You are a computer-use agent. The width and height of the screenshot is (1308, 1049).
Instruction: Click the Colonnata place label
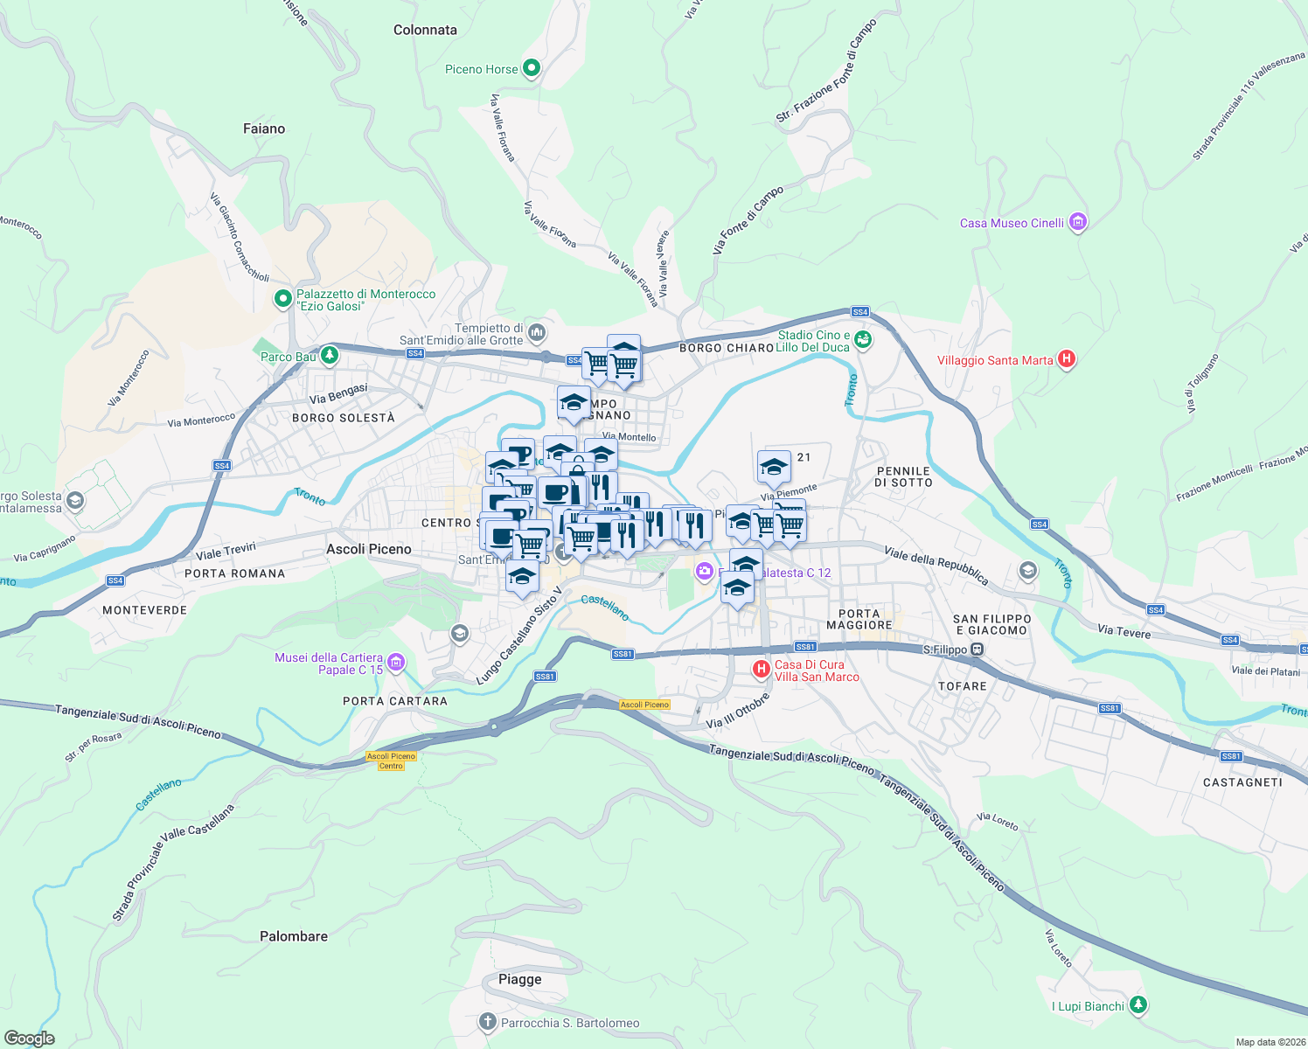(x=425, y=30)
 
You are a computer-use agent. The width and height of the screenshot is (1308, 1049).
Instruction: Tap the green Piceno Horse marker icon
(x=531, y=69)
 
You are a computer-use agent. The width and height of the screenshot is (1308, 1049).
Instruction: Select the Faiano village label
(x=264, y=129)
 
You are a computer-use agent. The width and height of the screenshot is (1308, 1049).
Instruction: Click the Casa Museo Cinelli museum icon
(x=1077, y=223)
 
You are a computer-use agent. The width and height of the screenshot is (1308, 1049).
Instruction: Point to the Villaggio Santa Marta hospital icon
(x=1066, y=359)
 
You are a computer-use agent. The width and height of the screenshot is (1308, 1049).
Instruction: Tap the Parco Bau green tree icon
(x=330, y=356)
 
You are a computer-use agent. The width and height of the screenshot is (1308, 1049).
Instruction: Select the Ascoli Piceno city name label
(x=368, y=549)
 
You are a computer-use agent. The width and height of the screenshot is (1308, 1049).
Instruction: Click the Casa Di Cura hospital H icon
(x=762, y=670)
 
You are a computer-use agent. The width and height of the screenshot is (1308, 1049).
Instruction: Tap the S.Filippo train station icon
(x=978, y=650)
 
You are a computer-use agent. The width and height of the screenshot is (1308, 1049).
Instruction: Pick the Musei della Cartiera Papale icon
(x=396, y=663)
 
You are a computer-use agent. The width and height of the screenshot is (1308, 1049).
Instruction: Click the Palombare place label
(x=294, y=936)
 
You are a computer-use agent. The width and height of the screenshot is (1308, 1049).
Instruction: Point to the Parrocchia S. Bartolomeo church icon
(x=488, y=1022)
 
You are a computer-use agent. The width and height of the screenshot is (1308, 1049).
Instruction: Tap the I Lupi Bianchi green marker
(x=1138, y=1005)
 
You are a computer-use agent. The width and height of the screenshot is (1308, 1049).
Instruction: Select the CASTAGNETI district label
(x=1242, y=782)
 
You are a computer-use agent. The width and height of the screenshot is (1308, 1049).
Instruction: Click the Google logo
(x=30, y=1038)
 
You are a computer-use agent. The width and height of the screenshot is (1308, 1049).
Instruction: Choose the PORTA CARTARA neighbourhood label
(x=395, y=701)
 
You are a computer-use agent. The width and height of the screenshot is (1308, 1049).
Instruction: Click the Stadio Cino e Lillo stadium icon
(x=863, y=340)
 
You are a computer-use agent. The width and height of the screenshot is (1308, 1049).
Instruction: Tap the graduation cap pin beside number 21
(x=774, y=468)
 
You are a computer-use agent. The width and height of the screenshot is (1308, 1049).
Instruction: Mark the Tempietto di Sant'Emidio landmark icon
(x=537, y=332)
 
